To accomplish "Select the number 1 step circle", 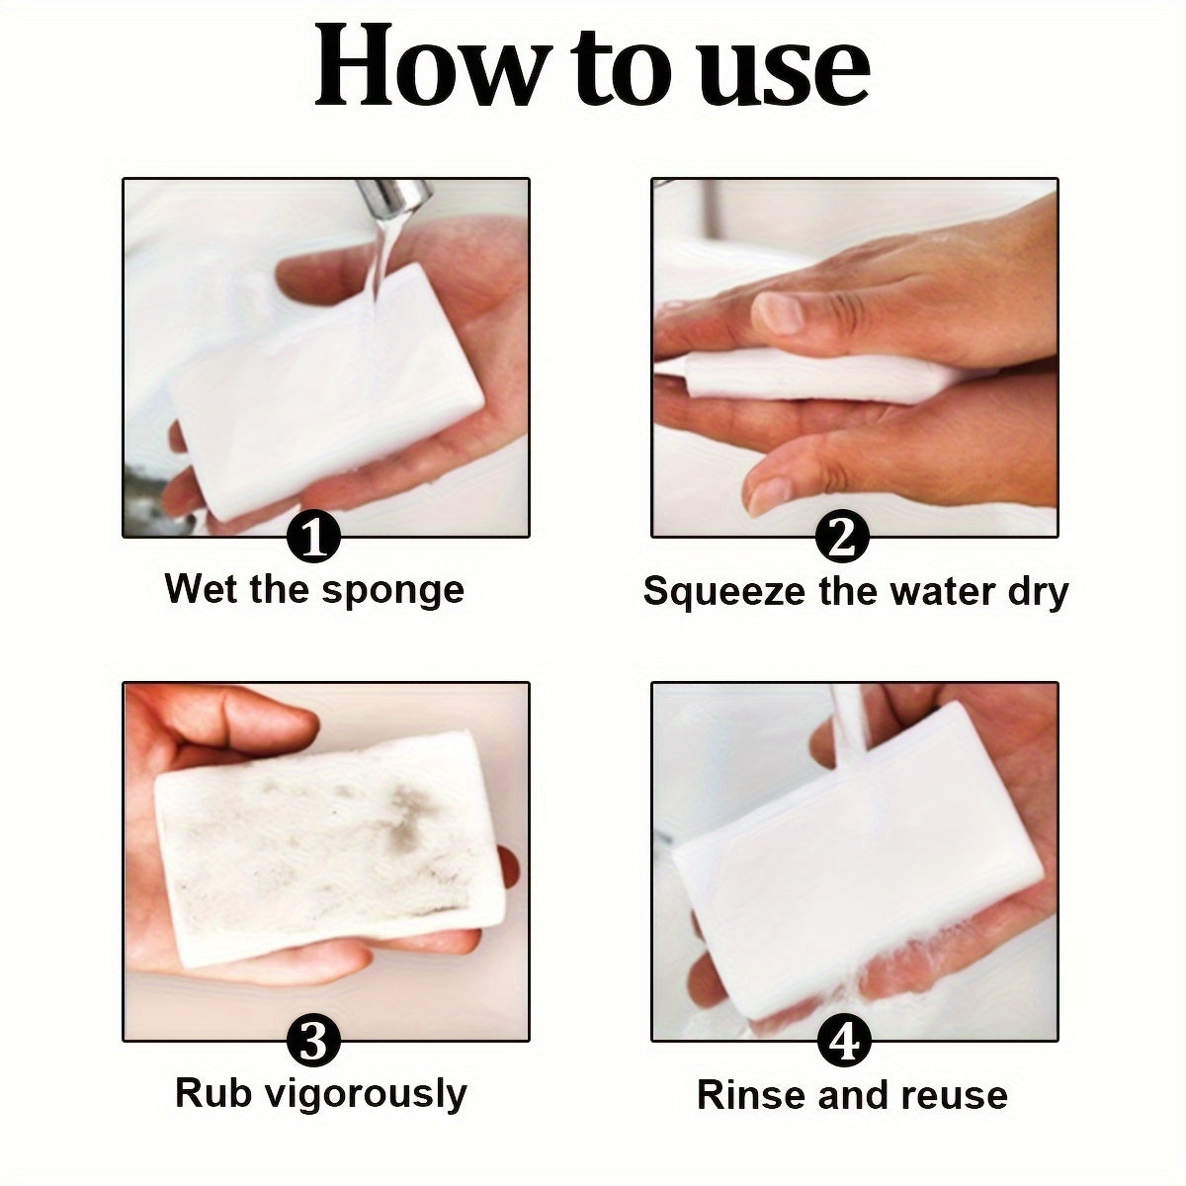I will click(313, 539).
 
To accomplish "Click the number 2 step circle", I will click(842, 539).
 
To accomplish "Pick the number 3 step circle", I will click(313, 1044).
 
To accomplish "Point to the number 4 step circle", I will click(842, 1044).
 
